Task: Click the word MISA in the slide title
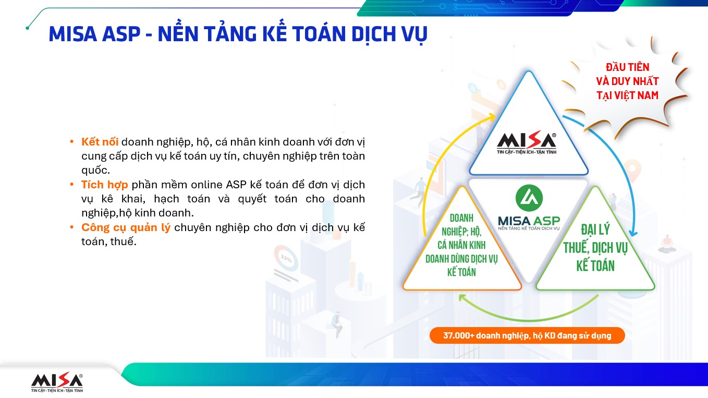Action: [72, 34]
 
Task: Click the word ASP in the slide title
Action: [121, 34]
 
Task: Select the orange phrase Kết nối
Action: [100, 142]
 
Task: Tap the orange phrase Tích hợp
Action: [105, 185]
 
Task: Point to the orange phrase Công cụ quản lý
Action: [126, 227]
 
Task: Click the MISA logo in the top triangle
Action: [527, 143]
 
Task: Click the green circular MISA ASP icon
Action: [529, 198]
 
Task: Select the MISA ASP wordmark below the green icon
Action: [529, 223]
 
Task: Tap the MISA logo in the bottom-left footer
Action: [57, 382]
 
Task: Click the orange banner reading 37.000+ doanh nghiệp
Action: [527, 335]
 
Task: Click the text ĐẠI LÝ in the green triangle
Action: [595, 230]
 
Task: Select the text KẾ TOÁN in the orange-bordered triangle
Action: [461, 272]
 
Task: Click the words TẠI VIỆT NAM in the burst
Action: [627, 95]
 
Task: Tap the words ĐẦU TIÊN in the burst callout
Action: [627, 67]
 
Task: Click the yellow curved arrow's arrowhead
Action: [491, 117]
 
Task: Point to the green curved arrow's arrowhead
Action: [463, 297]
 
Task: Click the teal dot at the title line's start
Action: [28, 28]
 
